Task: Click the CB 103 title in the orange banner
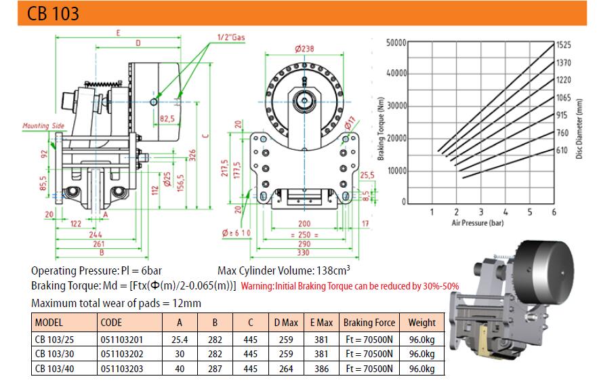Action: [x=54, y=14]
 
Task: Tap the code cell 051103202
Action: [x=122, y=354]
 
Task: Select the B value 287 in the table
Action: [x=215, y=369]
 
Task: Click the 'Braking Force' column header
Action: [x=369, y=323]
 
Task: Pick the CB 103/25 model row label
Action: [x=54, y=340]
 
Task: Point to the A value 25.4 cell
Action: [x=180, y=340]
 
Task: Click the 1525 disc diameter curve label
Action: [x=564, y=45]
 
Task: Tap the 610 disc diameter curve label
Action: [x=562, y=150]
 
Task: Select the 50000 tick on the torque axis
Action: [x=396, y=43]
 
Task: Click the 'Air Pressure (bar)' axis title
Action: [x=478, y=223]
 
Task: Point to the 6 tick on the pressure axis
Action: [x=554, y=212]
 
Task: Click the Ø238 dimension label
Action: [x=304, y=49]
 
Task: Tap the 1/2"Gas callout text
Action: [x=231, y=37]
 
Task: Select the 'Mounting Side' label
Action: [x=43, y=125]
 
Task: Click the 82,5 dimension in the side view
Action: [x=167, y=119]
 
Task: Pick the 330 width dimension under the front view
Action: [x=303, y=252]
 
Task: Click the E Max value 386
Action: [x=321, y=369]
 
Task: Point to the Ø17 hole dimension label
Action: [x=350, y=123]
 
